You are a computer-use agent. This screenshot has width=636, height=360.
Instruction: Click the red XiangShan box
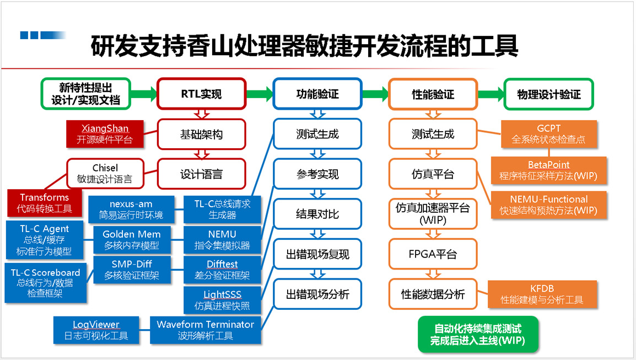click(x=105, y=133)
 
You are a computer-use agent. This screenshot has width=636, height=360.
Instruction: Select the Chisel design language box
click(x=105, y=173)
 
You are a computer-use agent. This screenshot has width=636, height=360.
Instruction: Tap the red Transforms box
click(x=44, y=203)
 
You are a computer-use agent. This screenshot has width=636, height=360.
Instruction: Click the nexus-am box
click(x=131, y=209)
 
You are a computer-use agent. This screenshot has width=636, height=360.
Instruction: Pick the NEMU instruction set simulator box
click(x=222, y=239)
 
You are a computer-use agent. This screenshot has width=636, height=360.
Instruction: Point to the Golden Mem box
click(x=131, y=239)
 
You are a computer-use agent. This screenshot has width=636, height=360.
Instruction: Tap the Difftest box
click(x=222, y=270)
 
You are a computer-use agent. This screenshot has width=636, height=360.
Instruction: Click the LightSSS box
click(x=222, y=300)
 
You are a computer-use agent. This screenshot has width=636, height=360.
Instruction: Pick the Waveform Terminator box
click(x=205, y=330)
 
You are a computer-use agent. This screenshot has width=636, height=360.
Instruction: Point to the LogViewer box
click(x=96, y=330)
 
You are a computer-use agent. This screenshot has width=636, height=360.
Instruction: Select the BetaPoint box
click(x=548, y=170)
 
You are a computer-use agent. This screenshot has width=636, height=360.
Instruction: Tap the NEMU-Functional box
click(x=549, y=205)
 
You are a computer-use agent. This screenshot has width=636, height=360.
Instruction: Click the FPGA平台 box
click(x=433, y=255)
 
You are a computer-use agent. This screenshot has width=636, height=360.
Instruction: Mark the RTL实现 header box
click(x=201, y=94)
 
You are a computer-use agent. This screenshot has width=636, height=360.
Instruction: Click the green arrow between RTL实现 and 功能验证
click(x=259, y=94)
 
